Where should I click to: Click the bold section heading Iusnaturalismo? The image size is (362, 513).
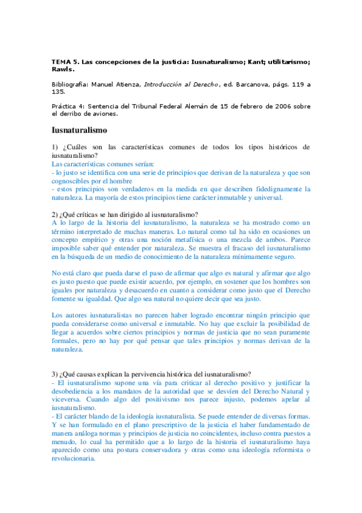79,130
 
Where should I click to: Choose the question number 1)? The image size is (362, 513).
56,147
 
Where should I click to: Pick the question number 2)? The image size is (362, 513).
56,214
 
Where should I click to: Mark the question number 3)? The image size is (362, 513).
56,373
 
